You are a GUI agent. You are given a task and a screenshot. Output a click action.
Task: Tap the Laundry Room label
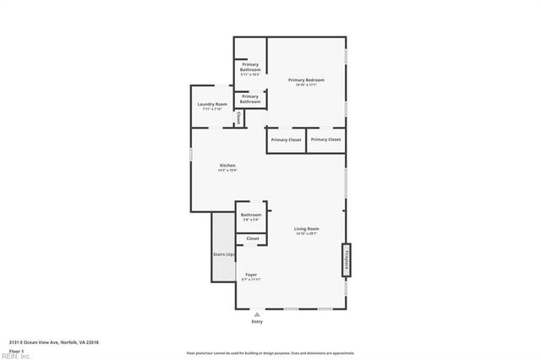click(x=212, y=105)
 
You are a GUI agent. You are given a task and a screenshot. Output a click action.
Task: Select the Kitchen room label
click(x=227, y=166)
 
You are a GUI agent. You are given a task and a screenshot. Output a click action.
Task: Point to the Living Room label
click(x=306, y=230)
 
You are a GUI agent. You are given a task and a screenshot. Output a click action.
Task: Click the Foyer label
click(x=251, y=275)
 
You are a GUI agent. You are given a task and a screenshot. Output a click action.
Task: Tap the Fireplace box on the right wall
click(x=347, y=260)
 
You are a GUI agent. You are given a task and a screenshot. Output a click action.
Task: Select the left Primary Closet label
click(x=286, y=139)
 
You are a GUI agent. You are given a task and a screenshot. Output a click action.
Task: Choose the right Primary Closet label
click(x=325, y=139)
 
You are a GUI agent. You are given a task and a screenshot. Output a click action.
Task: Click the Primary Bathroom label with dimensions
click(x=250, y=68)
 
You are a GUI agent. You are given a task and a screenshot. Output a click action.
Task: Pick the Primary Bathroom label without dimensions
click(x=250, y=99)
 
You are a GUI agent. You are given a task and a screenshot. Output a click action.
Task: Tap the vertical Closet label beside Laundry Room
click(x=238, y=118)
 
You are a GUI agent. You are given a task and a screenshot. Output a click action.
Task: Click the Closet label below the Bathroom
click(x=253, y=239)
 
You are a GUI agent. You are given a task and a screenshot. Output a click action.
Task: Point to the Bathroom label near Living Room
click(x=251, y=215)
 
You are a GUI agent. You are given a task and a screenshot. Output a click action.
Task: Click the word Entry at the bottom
click(x=257, y=322)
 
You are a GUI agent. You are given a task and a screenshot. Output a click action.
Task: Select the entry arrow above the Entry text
click(x=257, y=314)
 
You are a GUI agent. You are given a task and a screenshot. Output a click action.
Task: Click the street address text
click(x=54, y=342)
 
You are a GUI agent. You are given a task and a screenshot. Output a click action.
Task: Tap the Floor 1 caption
click(x=16, y=350)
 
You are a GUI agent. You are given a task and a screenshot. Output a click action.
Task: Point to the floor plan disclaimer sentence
click(x=270, y=352)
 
